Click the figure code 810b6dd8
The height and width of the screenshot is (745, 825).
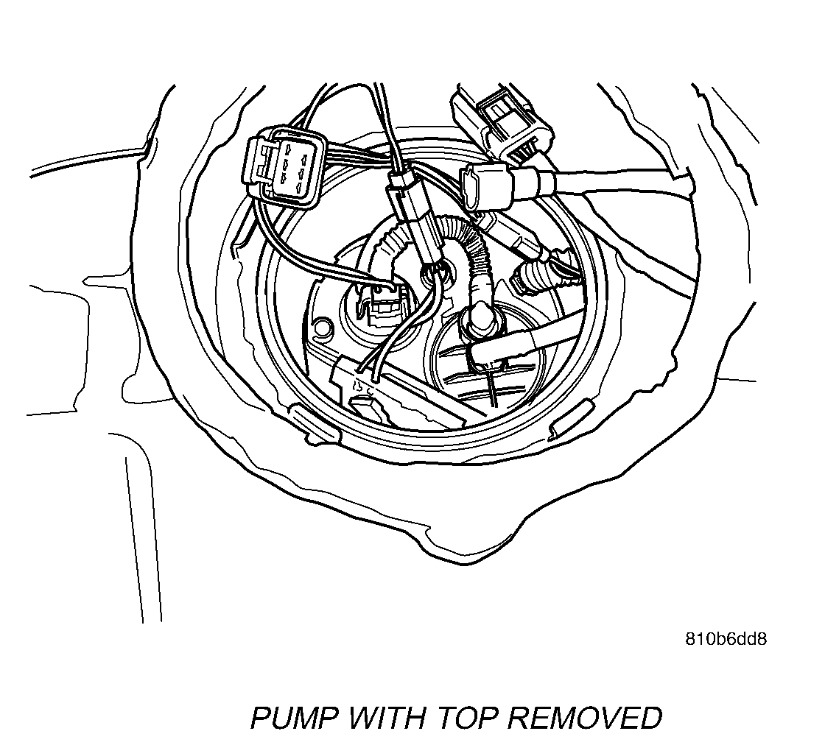coord(726,638)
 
